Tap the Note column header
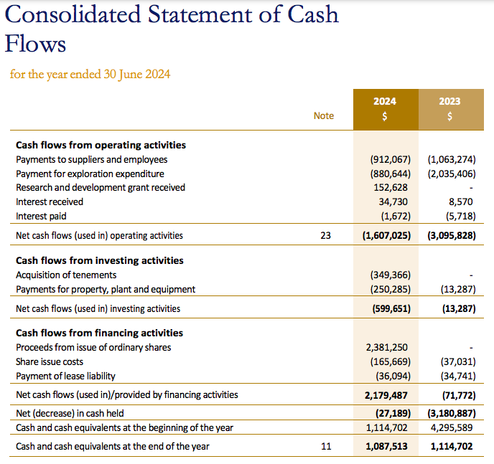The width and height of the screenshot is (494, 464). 324,115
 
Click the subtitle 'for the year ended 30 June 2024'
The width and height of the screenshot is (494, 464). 90,75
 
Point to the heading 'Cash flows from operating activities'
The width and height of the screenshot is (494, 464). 101,145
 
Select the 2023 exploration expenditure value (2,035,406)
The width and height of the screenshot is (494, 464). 452,174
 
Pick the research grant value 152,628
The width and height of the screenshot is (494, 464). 391,187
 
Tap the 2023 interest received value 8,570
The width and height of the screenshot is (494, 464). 461,202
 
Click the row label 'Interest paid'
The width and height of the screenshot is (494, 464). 41,217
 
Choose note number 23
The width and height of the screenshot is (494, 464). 326,236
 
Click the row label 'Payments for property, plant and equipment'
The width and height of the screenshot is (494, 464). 106,290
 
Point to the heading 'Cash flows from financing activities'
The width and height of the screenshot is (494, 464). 100,333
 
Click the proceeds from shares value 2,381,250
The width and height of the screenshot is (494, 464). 387,348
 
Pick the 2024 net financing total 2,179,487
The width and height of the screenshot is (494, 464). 386,395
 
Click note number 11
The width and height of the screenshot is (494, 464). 326,446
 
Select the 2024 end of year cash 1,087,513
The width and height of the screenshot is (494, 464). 386,446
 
